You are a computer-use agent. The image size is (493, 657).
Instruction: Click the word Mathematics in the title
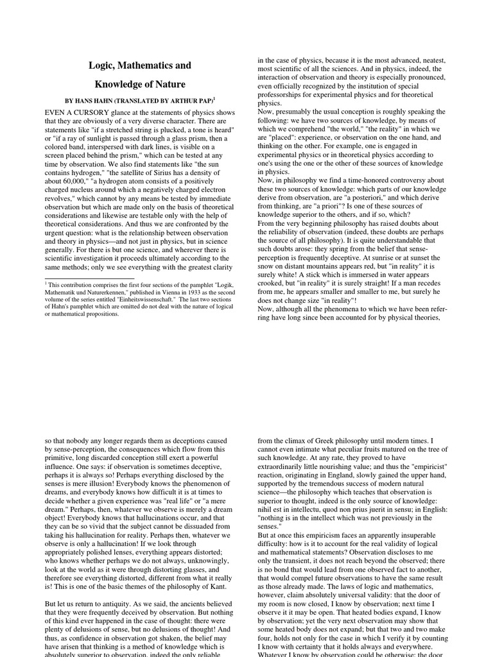pyautogui.click(x=139, y=65)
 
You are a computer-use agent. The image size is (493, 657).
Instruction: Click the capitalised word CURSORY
pyautogui.click(x=91, y=112)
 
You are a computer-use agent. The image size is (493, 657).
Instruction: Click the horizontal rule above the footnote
pyautogui.click(x=89, y=278)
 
